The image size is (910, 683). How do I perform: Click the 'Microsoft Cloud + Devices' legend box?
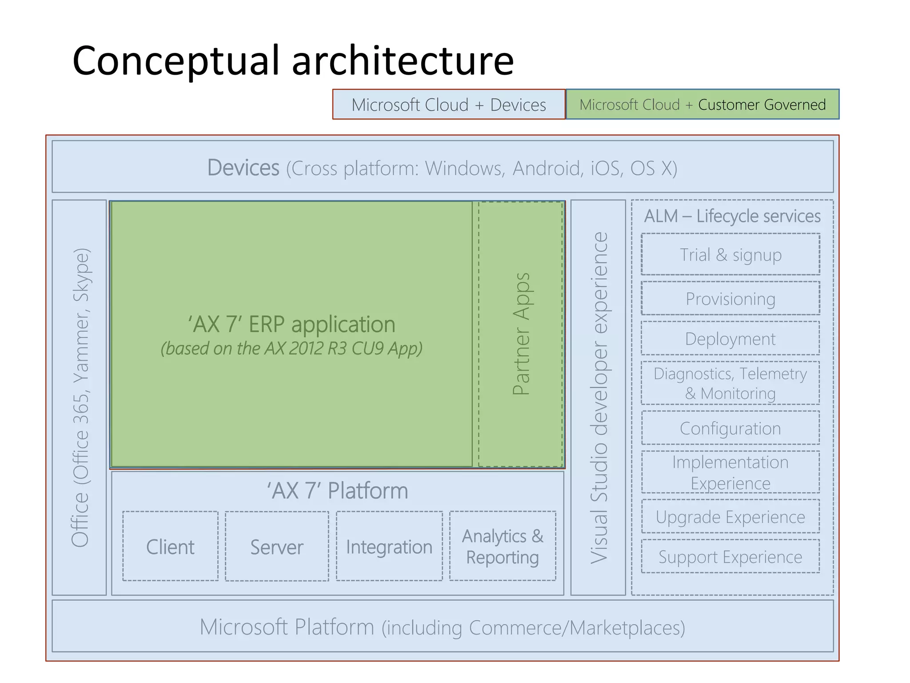point(449,105)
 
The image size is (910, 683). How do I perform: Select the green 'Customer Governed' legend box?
point(702,105)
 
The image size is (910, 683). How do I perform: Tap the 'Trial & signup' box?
point(730,255)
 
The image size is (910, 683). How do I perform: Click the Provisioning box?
point(730,298)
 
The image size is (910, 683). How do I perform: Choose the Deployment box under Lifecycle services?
point(730,339)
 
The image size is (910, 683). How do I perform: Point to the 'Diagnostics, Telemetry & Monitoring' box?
point(730,383)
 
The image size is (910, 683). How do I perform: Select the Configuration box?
point(730,428)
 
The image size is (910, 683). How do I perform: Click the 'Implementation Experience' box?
point(730,472)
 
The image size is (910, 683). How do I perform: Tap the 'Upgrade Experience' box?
point(730,517)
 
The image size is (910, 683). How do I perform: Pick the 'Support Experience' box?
point(730,557)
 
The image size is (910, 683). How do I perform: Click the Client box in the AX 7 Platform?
point(170,546)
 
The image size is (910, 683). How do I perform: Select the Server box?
point(277,546)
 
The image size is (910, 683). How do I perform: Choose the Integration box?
point(389,546)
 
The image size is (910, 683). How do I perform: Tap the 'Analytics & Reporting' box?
point(503,546)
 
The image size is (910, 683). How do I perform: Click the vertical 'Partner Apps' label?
point(521,334)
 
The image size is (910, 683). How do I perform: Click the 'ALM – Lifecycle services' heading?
point(732,216)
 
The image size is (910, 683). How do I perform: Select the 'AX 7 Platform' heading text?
point(337,490)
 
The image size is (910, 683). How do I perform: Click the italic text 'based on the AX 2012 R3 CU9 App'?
point(291,348)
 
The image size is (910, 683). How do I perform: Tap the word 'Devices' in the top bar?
point(243,168)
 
